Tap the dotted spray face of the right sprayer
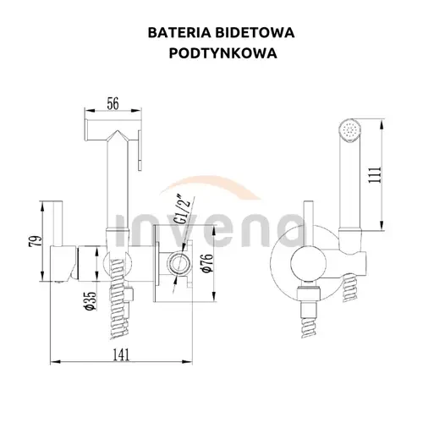pos(349,131)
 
